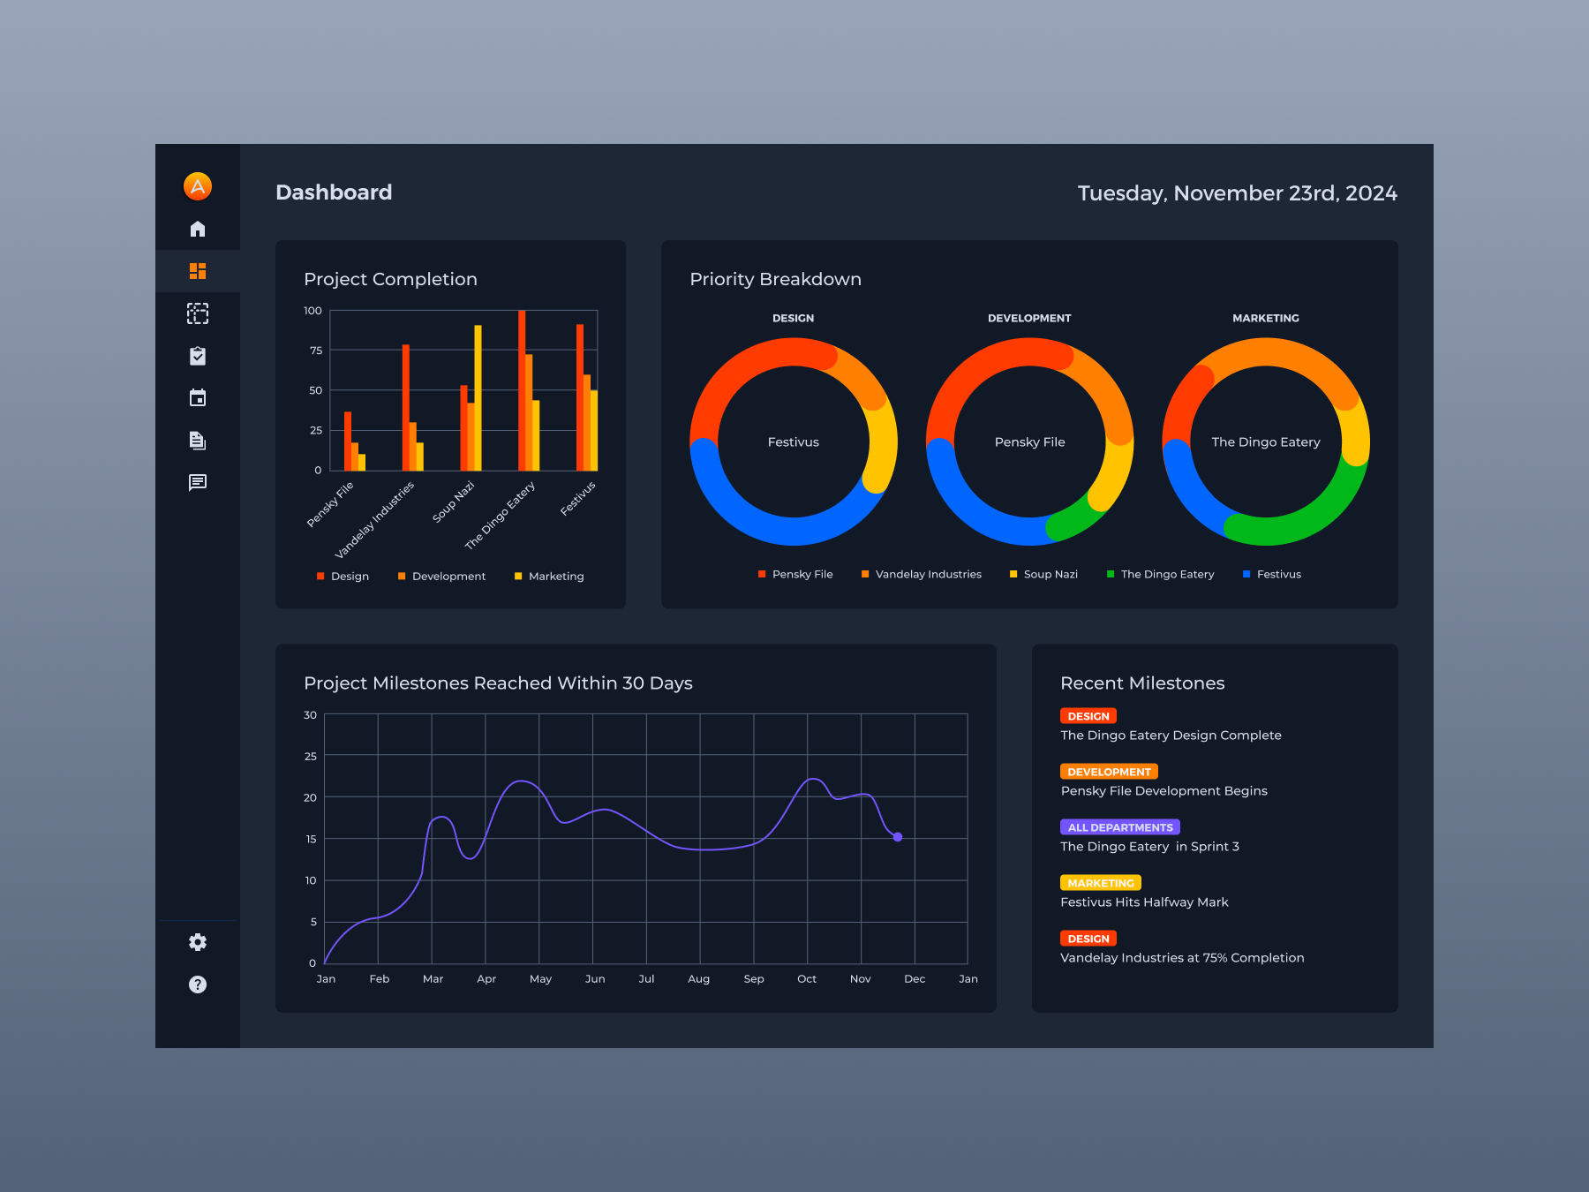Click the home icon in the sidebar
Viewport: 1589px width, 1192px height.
[198, 229]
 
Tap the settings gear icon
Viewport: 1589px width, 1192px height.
[198, 942]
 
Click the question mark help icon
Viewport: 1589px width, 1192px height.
[198, 985]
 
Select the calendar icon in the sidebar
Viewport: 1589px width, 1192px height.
[198, 398]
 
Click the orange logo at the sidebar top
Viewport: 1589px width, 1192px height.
[198, 185]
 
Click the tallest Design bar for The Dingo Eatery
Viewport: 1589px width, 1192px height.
[522, 389]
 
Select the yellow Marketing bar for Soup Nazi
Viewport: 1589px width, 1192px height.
[478, 397]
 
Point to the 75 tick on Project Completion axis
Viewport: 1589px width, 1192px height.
[316, 351]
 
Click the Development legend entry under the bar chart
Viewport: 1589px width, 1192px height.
[448, 577]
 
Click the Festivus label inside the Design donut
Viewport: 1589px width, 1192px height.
[793, 441]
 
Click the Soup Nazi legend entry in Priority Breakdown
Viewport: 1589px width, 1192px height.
[1050, 574]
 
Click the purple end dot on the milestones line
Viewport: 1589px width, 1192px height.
[898, 837]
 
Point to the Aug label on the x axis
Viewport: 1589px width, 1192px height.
[698, 978]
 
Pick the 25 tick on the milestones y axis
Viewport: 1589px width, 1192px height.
[310, 756]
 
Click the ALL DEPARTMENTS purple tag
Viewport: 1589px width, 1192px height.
[1119, 827]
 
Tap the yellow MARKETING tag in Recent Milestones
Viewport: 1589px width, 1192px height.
[1100, 883]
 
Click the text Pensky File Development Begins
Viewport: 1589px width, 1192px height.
[1164, 791]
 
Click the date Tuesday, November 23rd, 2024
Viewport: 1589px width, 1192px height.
[1237, 193]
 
